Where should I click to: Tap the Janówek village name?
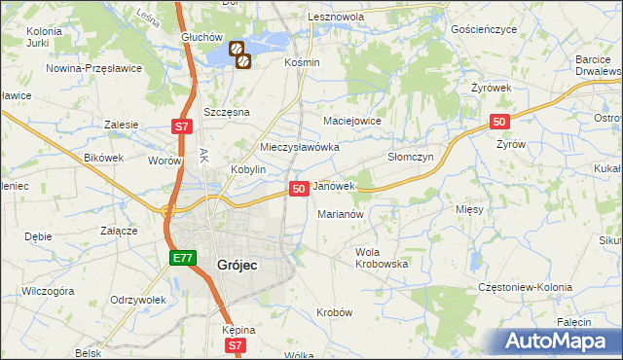[334, 185]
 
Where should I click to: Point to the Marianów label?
[341, 214]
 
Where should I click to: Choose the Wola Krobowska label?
[381, 258]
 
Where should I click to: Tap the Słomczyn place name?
[410, 157]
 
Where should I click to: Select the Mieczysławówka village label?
[299, 147]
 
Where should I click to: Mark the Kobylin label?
[248, 168]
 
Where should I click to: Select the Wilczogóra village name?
[49, 290]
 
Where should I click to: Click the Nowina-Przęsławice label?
[94, 68]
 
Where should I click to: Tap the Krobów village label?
[334, 312]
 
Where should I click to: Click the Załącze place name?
[118, 232]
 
